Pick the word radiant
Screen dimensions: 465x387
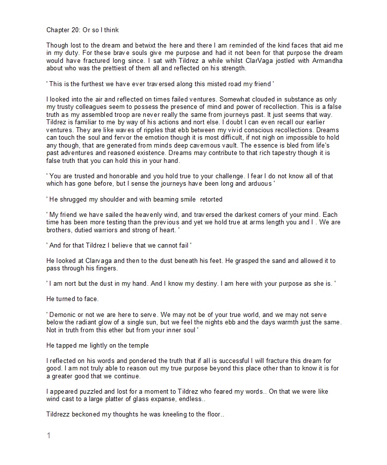click(x=94, y=322)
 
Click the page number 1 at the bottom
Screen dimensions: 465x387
click(x=48, y=435)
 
